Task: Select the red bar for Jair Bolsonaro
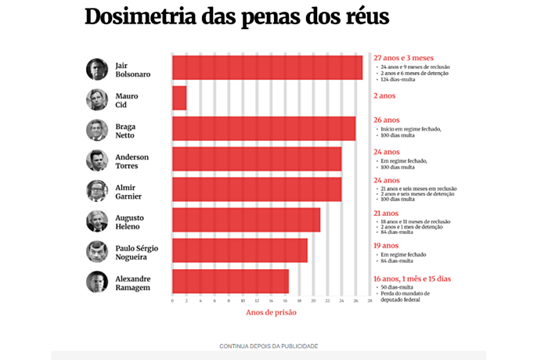pos(267,68)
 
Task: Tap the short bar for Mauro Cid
pos(179,99)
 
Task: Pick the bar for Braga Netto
pos(264,129)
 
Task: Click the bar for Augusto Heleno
pos(246,220)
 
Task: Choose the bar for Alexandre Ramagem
pos(230,281)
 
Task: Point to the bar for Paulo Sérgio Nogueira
pos(240,250)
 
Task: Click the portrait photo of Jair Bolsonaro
pos(97,69)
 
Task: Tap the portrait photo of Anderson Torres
pos(97,160)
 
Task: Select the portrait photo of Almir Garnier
pos(97,191)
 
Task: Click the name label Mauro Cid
pos(127,100)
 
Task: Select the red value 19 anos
pos(387,245)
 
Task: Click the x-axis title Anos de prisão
pos(271,313)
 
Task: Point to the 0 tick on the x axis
pos(172,301)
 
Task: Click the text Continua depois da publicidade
pos(269,345)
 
